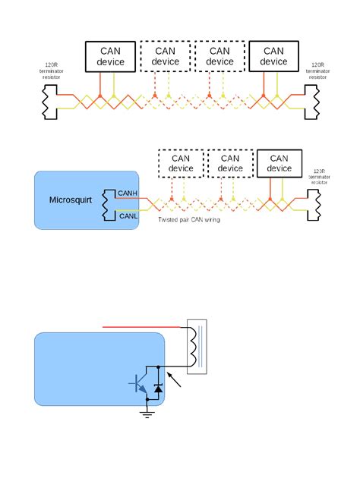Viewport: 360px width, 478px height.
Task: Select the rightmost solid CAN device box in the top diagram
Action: pyautogui.click(x=274, y=56)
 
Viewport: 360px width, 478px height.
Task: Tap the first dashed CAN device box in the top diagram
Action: pyautogui.click(x=165, y=56)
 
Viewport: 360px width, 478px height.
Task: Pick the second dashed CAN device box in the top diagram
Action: pyautogui.click(x=219, y=56)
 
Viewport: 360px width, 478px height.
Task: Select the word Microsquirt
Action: pyautogui.click(x=69, y=200)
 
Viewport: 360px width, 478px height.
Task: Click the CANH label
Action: pyautogui.click(x=127, y=193)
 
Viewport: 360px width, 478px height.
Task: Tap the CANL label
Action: pyautogui.click(x=127, y=217)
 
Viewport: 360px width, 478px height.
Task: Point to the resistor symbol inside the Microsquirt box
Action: pyautogui.click(x=109, y=205)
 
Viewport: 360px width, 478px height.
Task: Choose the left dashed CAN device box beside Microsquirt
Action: pyautogui.click(x=181, y=163)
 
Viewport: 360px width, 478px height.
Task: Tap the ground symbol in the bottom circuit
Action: pyautogui.click(x=145, y=415)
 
